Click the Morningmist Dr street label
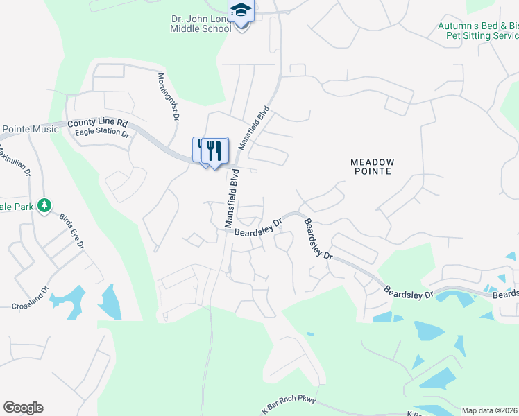169,98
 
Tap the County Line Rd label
98,123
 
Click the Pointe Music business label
30,129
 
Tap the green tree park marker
44,206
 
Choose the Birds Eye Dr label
71,231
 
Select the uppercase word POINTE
372,171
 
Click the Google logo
22,407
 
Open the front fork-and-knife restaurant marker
214,150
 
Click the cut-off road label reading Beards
505,294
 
